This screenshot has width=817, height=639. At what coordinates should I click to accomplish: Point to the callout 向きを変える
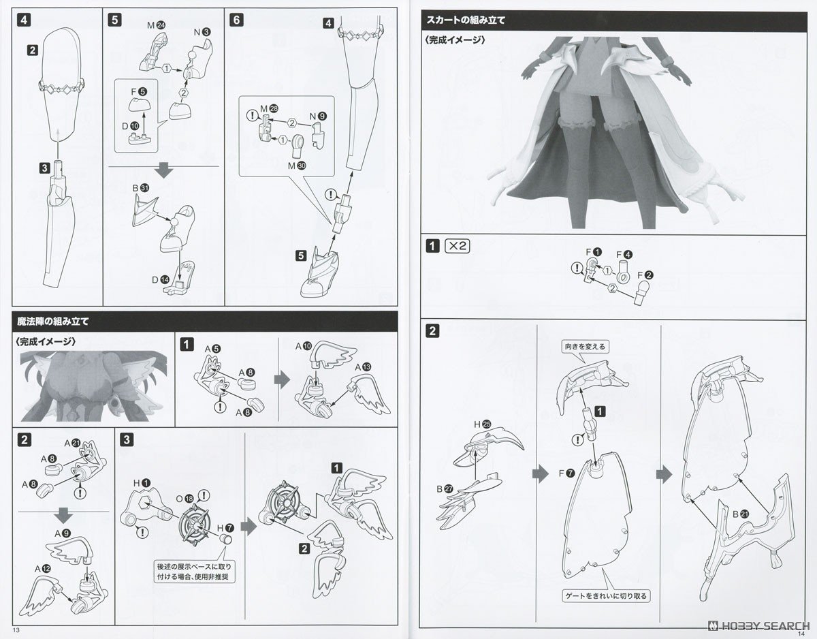pos(584,346)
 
